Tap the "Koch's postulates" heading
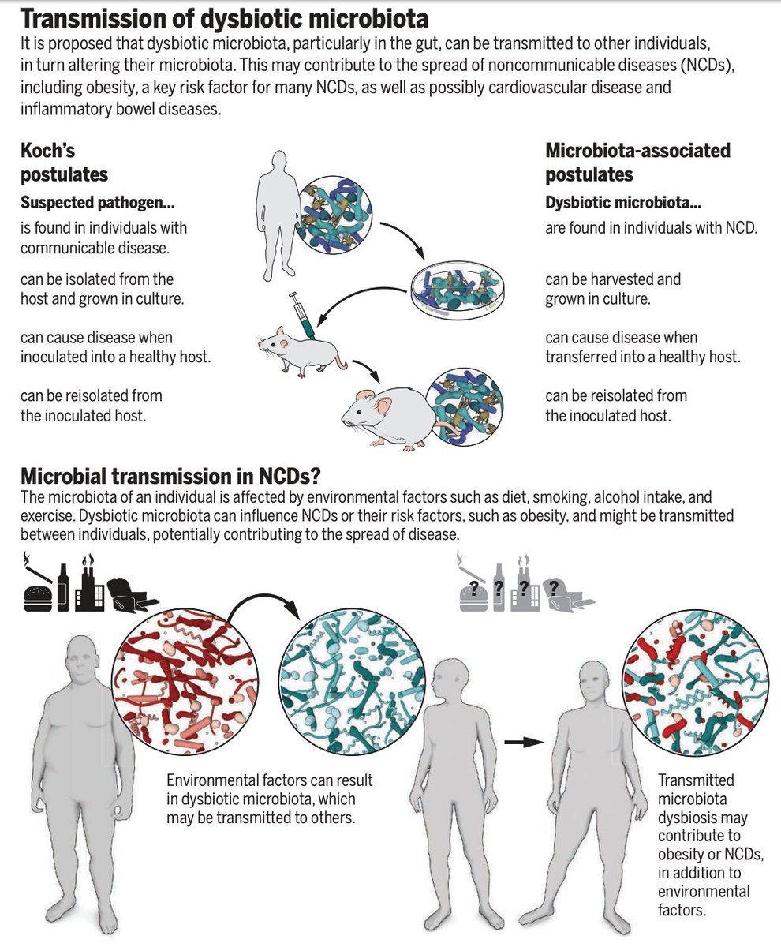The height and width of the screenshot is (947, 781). click(x=64, y=162)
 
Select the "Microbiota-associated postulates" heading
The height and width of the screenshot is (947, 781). click(x=637, y=162)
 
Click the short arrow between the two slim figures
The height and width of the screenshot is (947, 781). click(x=524, y=742)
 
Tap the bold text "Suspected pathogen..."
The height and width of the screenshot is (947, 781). click(x=98, y=203)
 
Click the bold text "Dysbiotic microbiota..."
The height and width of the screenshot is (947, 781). click(x=623, y=203)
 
